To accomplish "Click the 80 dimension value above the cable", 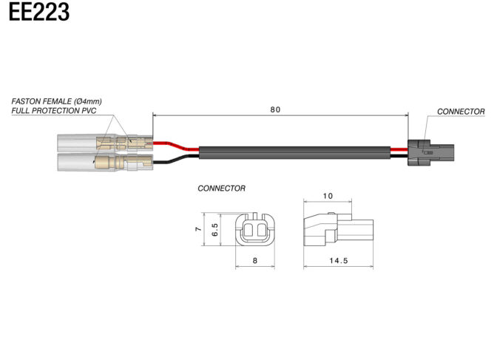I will coord(275,110).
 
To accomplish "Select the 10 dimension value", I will coord(329,197).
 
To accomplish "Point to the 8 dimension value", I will coord(254,260).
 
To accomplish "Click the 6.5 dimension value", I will coord(214,231).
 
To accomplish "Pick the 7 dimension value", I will coord(197,230).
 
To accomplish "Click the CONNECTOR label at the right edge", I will coord(461,112).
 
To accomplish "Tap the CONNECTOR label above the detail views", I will coord(221,189).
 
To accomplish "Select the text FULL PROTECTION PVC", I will coord(54,110).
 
